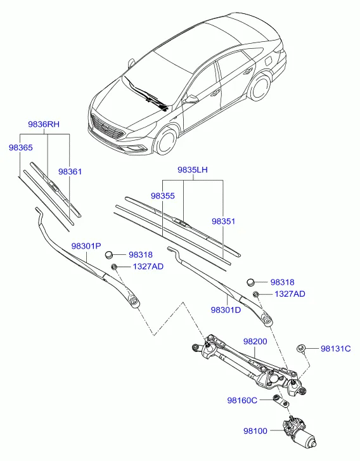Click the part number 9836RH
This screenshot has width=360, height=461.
tap(44, 124)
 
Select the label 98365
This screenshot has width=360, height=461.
tap(20, 147)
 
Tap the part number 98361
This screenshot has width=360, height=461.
tap(70, 171)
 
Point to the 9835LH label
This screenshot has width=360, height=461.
tap(193, 170)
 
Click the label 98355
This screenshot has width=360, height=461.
tap(163, 196)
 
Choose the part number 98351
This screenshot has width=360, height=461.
tap(224, 221)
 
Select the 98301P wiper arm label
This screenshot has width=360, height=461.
tap(86, 246)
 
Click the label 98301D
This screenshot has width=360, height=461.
tap(226, 310)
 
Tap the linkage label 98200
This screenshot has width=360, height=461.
tap(255, 341)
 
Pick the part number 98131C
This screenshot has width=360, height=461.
tap(336, 349)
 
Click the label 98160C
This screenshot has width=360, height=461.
tap(242, 400)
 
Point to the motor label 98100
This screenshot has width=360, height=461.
tap(255, 431)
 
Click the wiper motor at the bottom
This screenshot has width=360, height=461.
tap(299, 431)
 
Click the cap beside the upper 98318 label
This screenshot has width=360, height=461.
tap(109, 255)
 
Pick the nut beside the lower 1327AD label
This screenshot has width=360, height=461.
tap(256, 294)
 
